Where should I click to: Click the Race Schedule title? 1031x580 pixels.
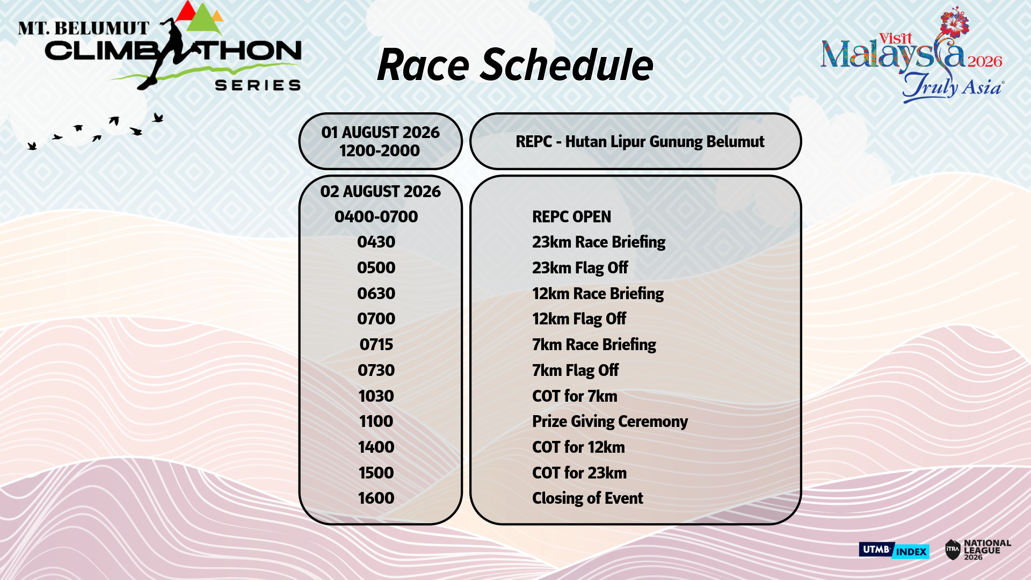[x=515, y=66]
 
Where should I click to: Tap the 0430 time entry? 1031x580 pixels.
[x=376, y=242]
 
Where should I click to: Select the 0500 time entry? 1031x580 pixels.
[x=376, y=268]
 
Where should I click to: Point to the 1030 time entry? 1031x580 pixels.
[x=376, y=396]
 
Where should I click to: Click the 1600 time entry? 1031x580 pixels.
[x=376, y=498]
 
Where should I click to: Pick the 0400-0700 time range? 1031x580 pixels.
[x=376, y=217]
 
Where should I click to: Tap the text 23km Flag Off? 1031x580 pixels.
[x=580, y=268]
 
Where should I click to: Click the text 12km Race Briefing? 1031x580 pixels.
[x=598, y=294]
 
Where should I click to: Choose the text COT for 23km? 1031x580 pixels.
[x=579, y=473]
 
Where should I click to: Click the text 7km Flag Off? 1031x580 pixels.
[x=575, y=371]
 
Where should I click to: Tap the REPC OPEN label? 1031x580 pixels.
[x=571, y=217]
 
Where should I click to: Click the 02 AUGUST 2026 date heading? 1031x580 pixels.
[x=380, y=192]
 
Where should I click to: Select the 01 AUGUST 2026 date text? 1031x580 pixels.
[x=380, y=133]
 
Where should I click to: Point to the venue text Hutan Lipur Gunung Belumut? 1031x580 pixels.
[x=665, y=142]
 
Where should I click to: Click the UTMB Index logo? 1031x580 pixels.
[x=894, y=550]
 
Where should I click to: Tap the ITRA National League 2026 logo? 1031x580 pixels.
[x=978, y=550]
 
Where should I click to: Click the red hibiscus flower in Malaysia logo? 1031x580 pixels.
[x=954, y=23]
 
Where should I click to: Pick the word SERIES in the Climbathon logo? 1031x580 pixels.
[x=258, y=85]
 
